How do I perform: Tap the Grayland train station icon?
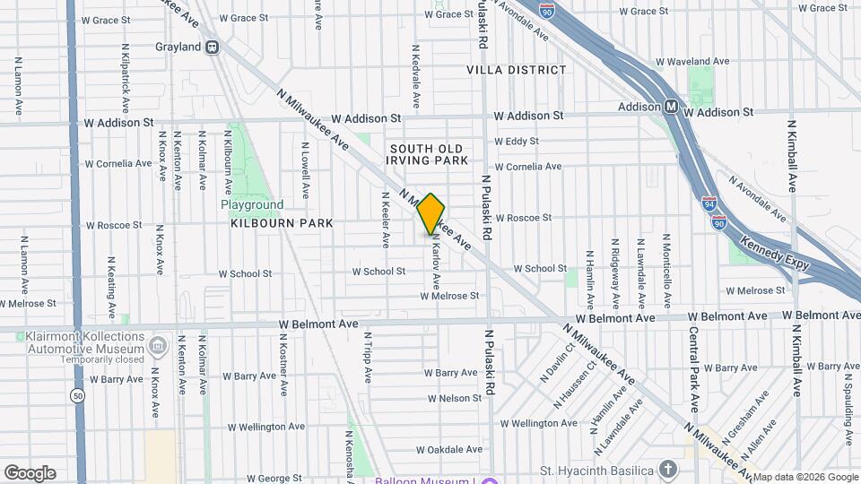(213, 47)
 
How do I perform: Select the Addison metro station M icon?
(671, 107)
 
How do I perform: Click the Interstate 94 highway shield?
(709, 203)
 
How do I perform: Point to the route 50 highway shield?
(76, 394)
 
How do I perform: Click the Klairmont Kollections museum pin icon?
(158, 345)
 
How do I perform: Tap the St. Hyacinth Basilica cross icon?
(667, 469)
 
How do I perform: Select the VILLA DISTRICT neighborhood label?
(517, 70)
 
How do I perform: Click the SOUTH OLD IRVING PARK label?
(429, 154)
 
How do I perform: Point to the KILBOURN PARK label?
(282, 223)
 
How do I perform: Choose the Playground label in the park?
(252, 205)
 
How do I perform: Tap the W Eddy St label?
(516, 142)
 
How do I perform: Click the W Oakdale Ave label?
(454, 449)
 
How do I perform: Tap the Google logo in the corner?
(30, 472)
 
